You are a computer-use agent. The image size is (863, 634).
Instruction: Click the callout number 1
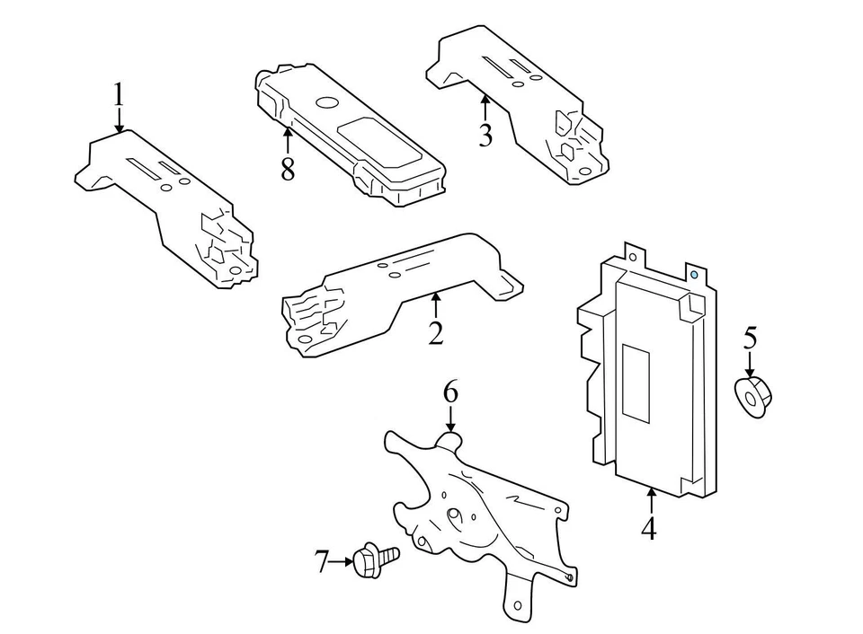tap(118, 95)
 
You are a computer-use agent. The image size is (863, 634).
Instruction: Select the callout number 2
tap(436, 333)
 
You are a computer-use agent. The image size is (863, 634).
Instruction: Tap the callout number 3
tap(485, 136)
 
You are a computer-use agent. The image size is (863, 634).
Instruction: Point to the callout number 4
tap(649, 528)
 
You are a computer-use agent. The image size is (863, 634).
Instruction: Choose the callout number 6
tap(450, 392)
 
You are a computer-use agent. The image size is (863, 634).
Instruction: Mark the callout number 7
tap(323, 562)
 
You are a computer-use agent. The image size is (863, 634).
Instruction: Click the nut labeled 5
tap(753, 397)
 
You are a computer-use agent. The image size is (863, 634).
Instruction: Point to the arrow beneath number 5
tap(751, 365)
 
